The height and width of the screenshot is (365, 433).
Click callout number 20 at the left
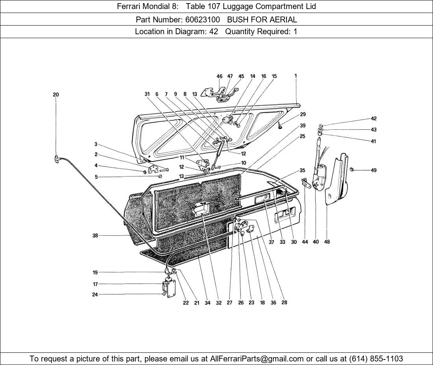(56, 94)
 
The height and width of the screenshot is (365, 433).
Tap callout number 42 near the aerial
(374, 118)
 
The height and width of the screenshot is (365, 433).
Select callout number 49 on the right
(374, 170)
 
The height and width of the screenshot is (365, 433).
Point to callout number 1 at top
(296, 76)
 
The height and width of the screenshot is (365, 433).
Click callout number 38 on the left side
(95, 236)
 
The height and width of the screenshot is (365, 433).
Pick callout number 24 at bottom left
(95, 295)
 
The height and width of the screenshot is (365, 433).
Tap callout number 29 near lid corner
(303, 114)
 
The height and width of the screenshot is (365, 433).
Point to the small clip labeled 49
(352, 170)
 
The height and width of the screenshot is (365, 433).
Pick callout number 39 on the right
(303, 125)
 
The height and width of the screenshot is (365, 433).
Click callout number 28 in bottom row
(284, 302)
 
